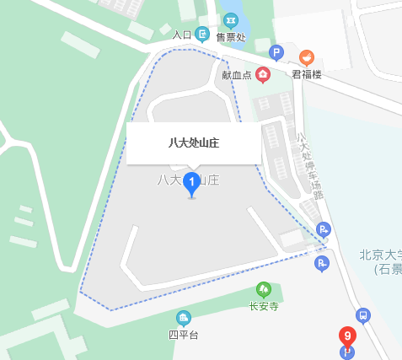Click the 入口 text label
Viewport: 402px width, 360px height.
coord(181,35)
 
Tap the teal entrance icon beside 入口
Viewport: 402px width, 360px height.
coord(202,35)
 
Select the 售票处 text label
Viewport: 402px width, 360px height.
coord(230,36)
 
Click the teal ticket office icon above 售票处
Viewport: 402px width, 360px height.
coord(230,19)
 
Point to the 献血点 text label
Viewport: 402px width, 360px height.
coord(237,75)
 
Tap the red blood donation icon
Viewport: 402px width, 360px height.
coord(263,75)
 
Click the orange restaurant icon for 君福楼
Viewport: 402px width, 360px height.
coord(307,57)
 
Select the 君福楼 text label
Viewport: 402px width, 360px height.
coord(307,74)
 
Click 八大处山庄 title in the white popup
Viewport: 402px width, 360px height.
coord(194,142)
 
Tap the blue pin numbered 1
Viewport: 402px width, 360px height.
coord(191,181)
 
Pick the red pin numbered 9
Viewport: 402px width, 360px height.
coord(346,336)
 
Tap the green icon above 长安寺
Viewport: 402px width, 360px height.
coord(264,289)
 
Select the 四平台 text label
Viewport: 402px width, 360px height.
coord(183,335)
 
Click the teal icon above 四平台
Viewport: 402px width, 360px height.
coord(183,318)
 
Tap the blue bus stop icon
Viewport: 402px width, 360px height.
coord(363,315)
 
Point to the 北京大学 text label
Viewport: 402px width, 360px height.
coord(379,255)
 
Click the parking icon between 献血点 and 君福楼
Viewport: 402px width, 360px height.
coord(276,53)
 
